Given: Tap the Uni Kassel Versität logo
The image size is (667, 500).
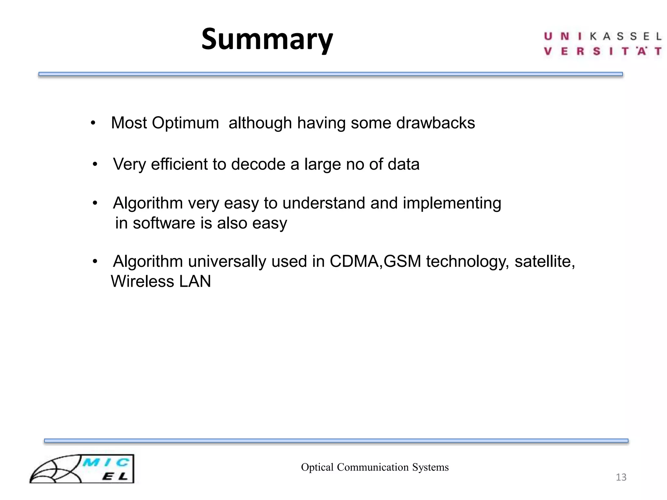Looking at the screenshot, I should pos(603,44).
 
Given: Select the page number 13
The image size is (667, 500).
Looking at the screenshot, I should pos(621,477).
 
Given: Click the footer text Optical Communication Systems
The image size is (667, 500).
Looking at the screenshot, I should pos(375,467).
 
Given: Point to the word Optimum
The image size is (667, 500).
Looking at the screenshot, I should pos(185,123).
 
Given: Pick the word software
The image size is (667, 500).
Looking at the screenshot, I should pos(159,223).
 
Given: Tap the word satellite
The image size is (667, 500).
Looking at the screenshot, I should pos(545,261).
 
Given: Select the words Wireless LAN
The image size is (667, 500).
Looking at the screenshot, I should pos(161,281).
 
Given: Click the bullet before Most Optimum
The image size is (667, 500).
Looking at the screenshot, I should pos(93,123).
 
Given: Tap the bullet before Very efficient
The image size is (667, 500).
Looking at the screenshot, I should pos(95,164).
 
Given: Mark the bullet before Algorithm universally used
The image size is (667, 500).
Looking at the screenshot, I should pos(95,261).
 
